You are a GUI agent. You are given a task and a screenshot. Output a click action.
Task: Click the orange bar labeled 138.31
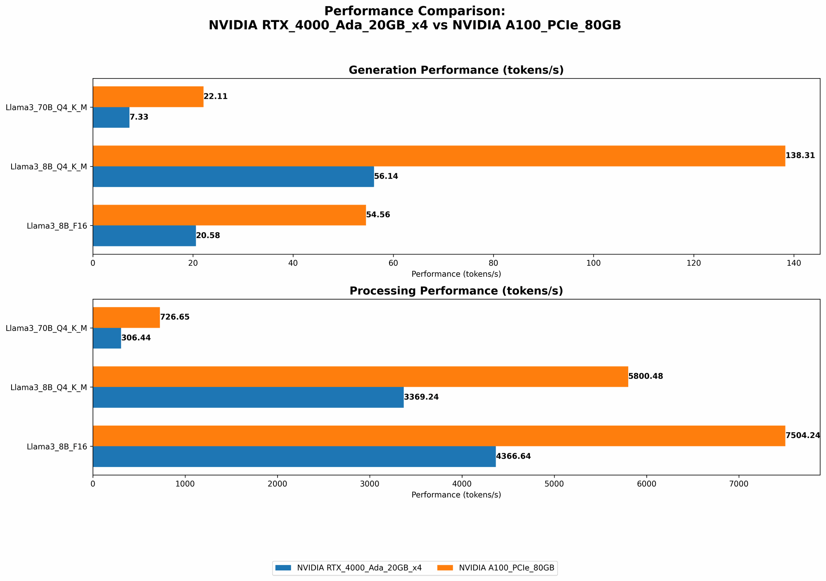439,156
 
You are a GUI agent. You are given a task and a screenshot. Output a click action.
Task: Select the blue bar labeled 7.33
111,117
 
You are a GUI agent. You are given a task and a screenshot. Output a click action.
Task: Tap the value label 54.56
378,215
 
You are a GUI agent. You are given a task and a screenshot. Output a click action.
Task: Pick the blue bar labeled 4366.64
294,457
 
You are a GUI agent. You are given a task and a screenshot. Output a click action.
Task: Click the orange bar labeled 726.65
126,317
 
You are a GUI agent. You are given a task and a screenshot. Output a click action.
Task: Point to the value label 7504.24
802,436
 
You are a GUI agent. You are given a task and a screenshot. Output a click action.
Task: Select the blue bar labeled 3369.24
248,397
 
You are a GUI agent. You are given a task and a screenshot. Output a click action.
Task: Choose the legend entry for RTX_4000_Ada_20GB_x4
359,568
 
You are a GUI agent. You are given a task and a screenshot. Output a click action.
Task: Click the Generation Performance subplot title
456,70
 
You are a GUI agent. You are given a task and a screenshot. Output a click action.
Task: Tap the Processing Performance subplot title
456,291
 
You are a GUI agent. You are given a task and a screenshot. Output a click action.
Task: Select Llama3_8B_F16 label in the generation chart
57,226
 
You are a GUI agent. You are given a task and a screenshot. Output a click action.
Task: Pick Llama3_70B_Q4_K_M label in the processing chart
46,329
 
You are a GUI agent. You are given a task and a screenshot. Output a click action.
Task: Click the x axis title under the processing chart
456,495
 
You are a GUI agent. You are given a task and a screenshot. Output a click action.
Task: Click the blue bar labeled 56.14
233,176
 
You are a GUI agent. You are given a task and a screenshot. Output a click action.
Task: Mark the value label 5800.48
646,376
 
